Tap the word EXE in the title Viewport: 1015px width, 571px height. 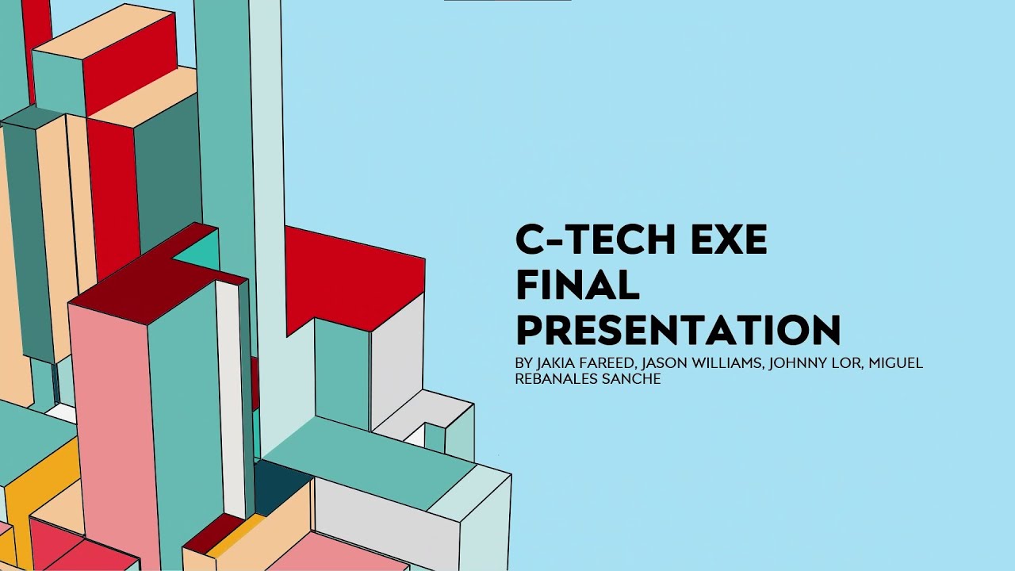coord(731,240)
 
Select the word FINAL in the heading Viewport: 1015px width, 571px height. coord(577,285)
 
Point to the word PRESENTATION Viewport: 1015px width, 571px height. coord(678,330)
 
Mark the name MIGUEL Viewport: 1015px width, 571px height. coord(896,363)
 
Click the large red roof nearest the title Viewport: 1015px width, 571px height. coord(349,274)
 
